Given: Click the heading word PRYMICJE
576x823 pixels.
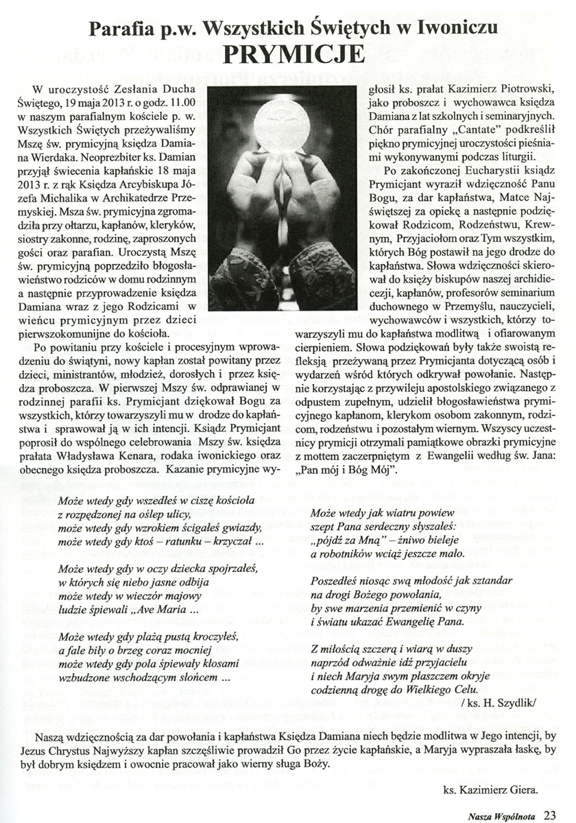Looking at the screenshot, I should click(x=288, y=52).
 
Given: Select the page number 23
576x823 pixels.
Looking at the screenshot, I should click(x=550, y=815).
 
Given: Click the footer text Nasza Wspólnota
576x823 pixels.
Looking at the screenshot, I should click(x=503, y=815).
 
